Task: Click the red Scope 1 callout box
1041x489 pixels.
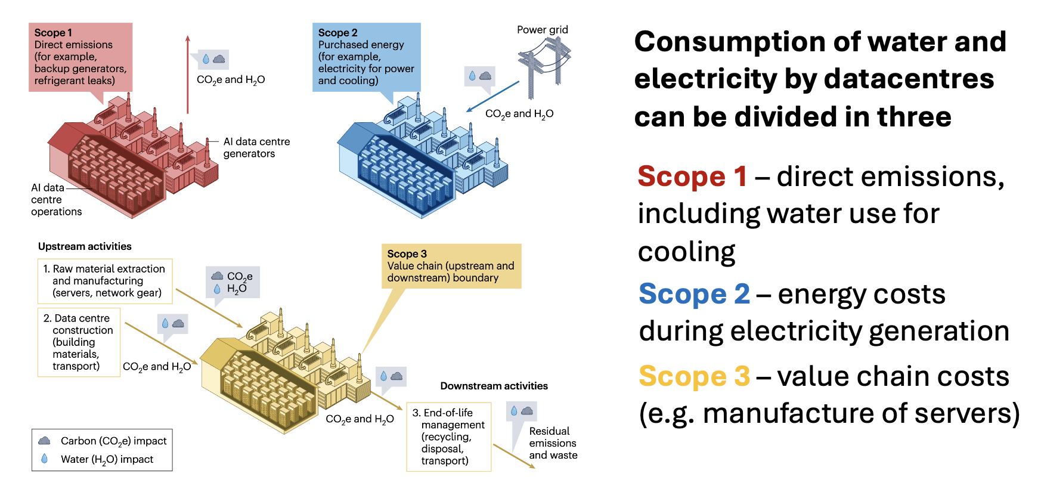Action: coord(80,57)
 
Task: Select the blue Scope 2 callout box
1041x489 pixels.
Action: coord(367,57)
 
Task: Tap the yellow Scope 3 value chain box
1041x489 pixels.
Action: coord(451,266)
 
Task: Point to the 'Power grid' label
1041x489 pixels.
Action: coord(543,30)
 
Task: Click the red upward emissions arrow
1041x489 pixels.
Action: coord(188,74)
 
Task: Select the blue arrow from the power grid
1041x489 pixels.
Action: coord(493,97)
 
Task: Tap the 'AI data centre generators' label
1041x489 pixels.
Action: coord(256,147)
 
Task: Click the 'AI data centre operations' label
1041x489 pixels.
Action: coord(56,200)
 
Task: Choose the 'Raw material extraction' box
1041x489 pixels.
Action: coord(105,281)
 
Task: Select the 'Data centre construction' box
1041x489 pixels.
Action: coord(79,342)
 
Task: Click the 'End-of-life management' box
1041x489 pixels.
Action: coord(449,437)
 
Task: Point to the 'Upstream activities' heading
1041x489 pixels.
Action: coord(85,246)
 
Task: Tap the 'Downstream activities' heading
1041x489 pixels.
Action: coord(494,386)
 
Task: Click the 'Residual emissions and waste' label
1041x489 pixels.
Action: coord(553,443)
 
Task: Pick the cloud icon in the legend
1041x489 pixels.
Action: coord(44,441)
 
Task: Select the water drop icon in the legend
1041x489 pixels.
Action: coord(44,459)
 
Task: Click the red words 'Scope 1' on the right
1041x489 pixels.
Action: coord(692,177)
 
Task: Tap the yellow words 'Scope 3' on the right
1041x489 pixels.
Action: coord(694,376)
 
